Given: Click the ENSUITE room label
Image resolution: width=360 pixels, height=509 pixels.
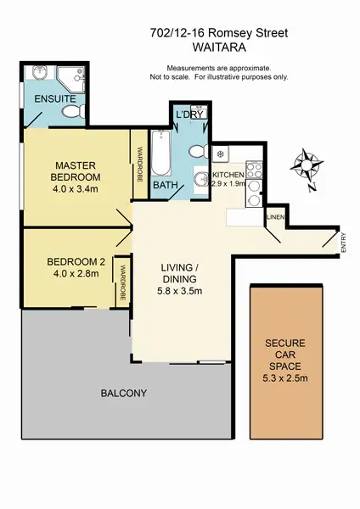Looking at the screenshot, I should [54, 98].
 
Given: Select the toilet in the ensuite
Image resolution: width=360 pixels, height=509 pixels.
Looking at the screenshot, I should [74, 113].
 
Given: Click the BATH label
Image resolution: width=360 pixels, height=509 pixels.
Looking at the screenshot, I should [164, 185].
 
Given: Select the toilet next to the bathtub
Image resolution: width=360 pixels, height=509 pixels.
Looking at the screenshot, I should [198, 152].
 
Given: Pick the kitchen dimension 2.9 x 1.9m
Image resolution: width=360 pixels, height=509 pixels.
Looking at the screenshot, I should [228, 182].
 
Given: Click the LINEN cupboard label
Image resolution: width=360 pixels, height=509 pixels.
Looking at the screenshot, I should [274, 218].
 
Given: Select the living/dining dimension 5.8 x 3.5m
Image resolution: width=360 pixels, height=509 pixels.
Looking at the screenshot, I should [180, 289].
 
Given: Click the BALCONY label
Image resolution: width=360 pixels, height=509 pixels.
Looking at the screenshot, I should [124, 393].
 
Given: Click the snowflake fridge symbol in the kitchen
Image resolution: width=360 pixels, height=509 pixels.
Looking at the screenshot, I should [219, 155].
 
